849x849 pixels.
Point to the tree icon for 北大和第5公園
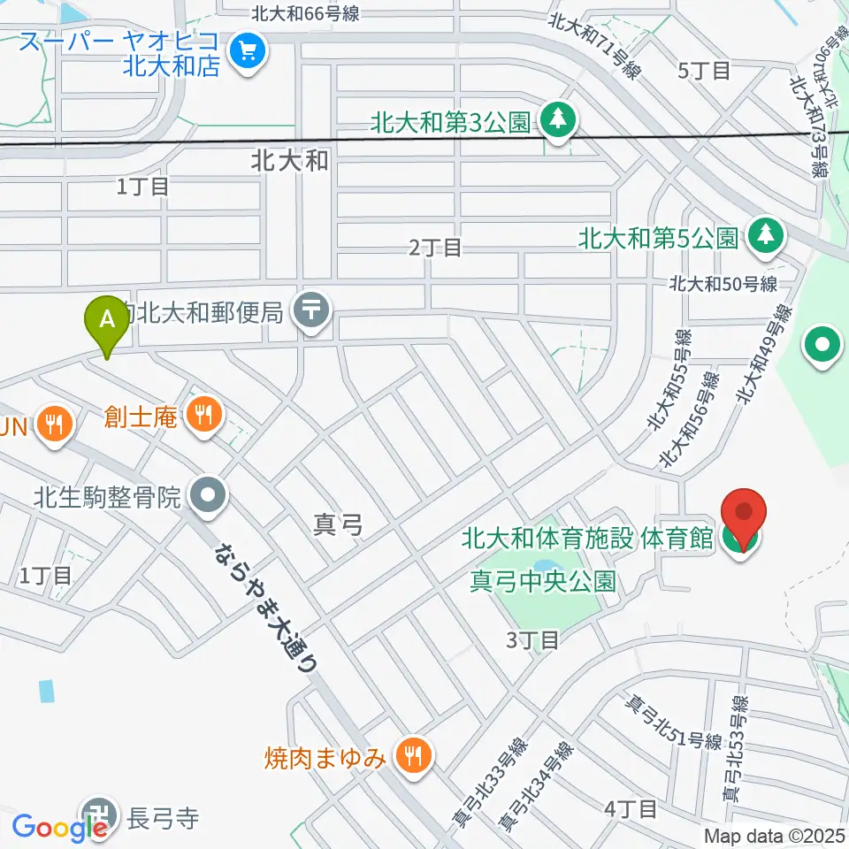click(764, 236)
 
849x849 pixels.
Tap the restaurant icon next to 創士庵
click(204, 415)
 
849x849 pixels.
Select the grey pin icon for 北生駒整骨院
click(208, 497)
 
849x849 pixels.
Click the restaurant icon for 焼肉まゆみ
click(411, 757)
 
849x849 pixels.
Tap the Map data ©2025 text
click(775, 836)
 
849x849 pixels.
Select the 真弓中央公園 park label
click(541, 582)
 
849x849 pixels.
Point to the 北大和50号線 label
click(723, 284)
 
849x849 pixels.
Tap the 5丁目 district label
click(703, 71)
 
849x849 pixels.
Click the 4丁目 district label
click(631, 808)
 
